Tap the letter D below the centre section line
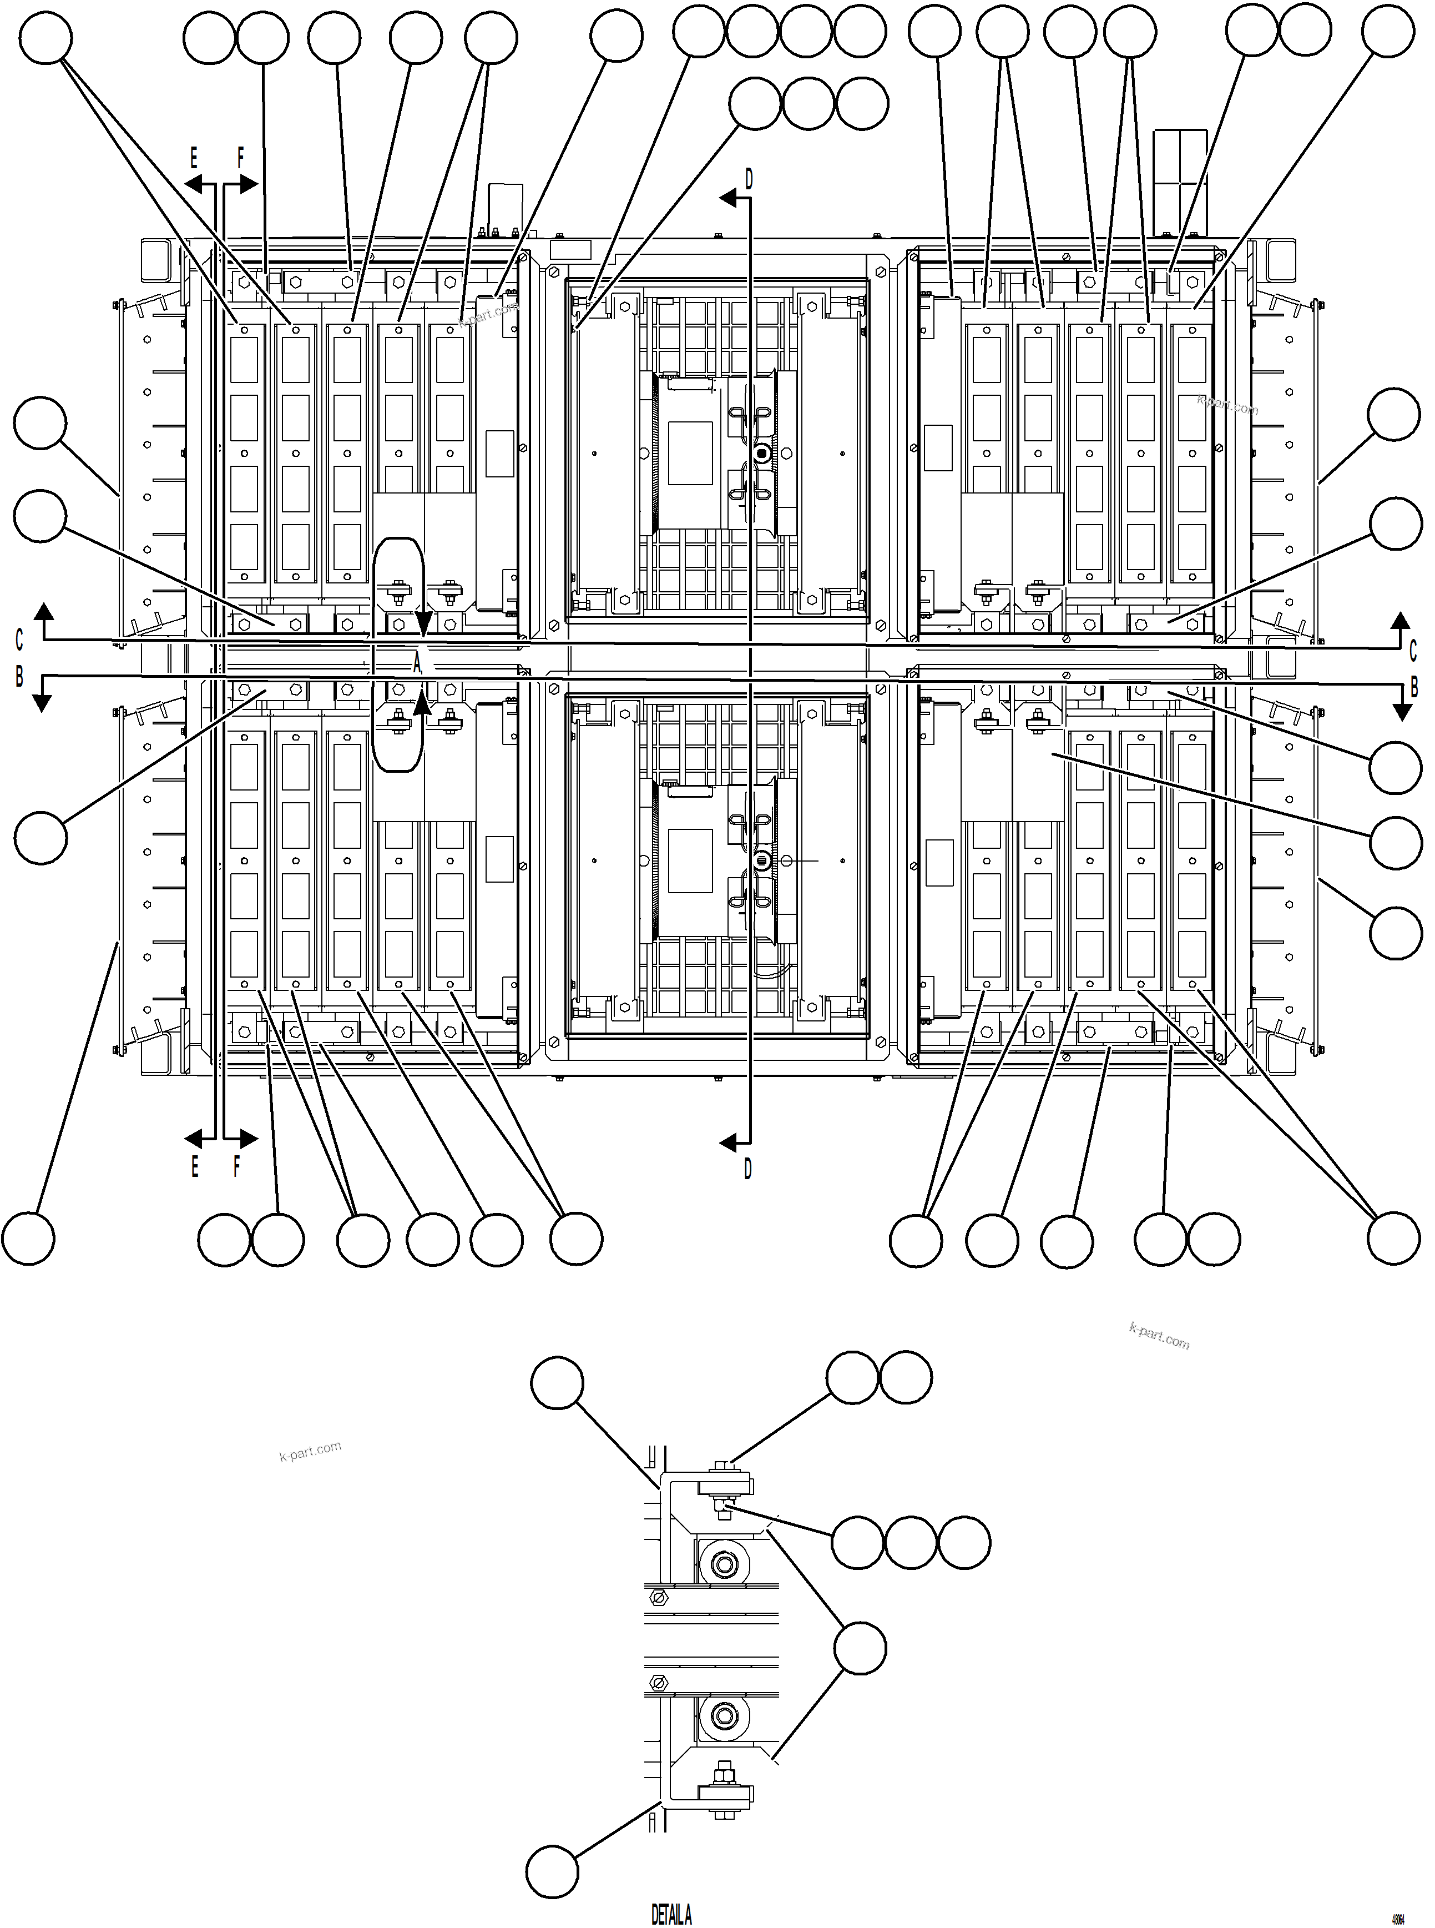coord(748,1170)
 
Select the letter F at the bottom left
coord(236,1167)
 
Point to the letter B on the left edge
coord(19,677)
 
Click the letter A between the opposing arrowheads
coord(417,663)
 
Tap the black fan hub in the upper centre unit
coord(762,454)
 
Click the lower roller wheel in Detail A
coord(722,1717)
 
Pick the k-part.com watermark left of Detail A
coord(310,1451)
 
